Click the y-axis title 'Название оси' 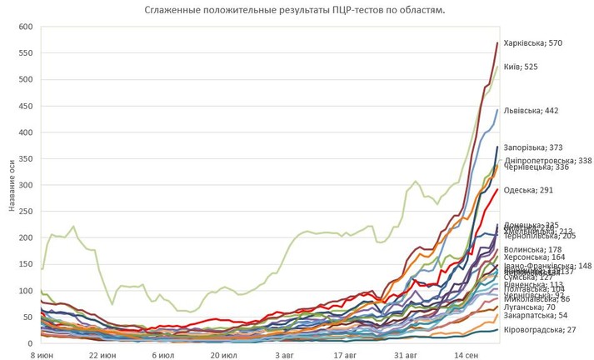pos(12,185)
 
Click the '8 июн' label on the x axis pos(42,353)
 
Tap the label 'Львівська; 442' pos(532,110)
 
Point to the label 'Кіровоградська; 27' pos(542,331)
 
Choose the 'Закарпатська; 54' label pos(538,315)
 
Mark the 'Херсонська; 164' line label pos(535,257)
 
